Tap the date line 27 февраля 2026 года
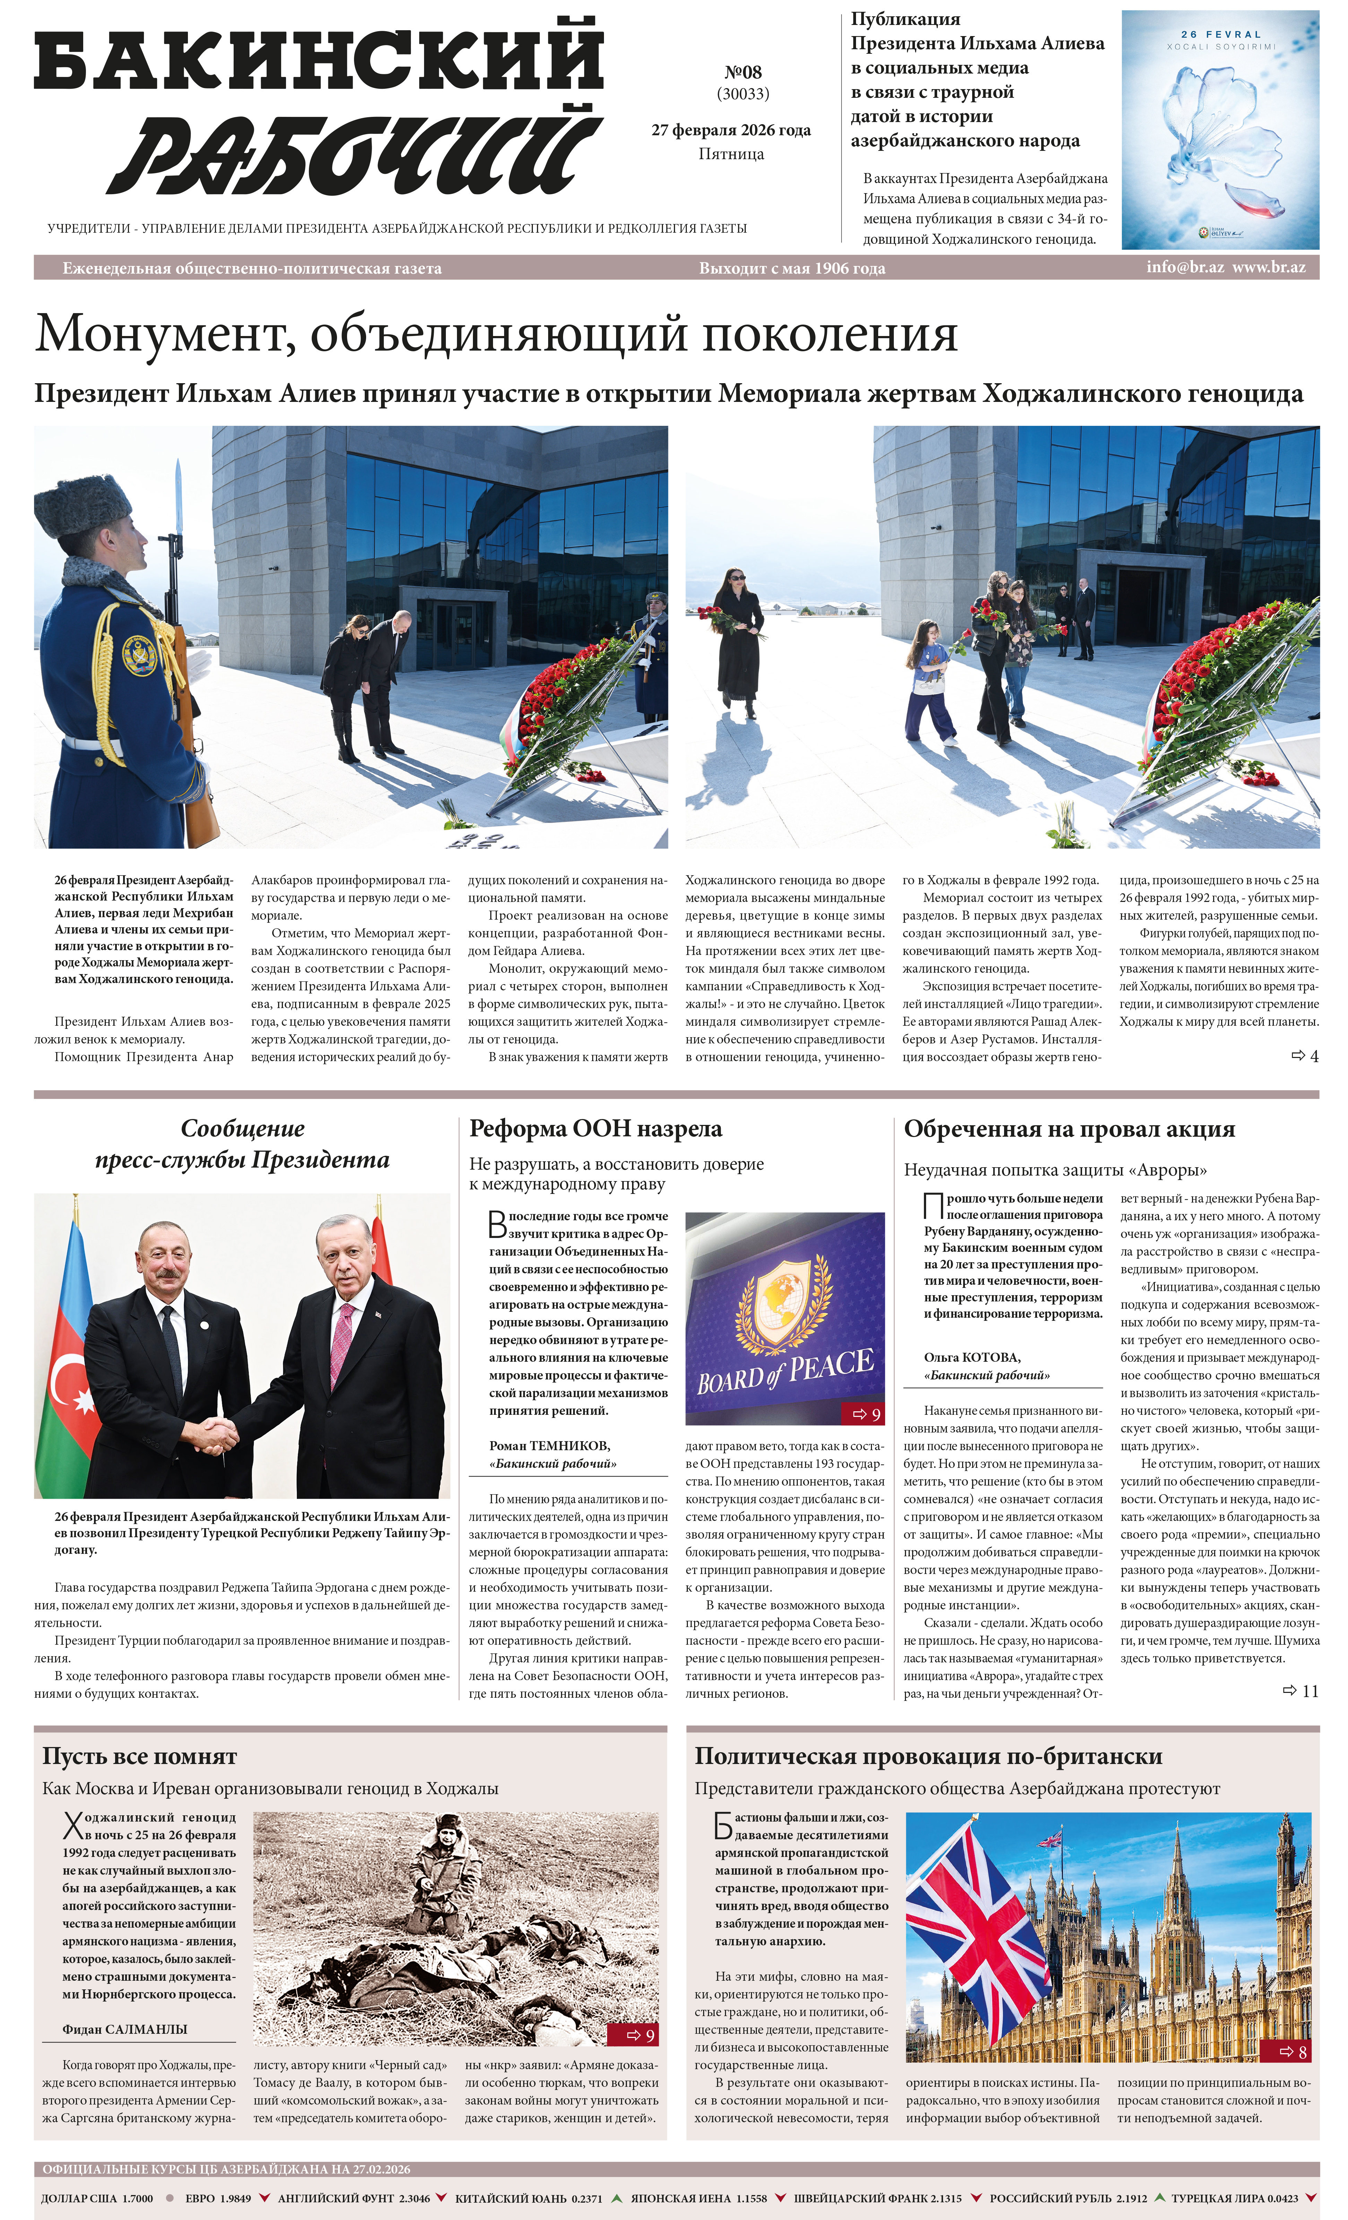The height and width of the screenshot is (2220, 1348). (x=731, y=130)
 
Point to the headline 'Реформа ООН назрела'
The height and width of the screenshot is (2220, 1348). (x=596, y=1129)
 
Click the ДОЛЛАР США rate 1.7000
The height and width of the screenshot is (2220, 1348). (x=137, y=2199)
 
